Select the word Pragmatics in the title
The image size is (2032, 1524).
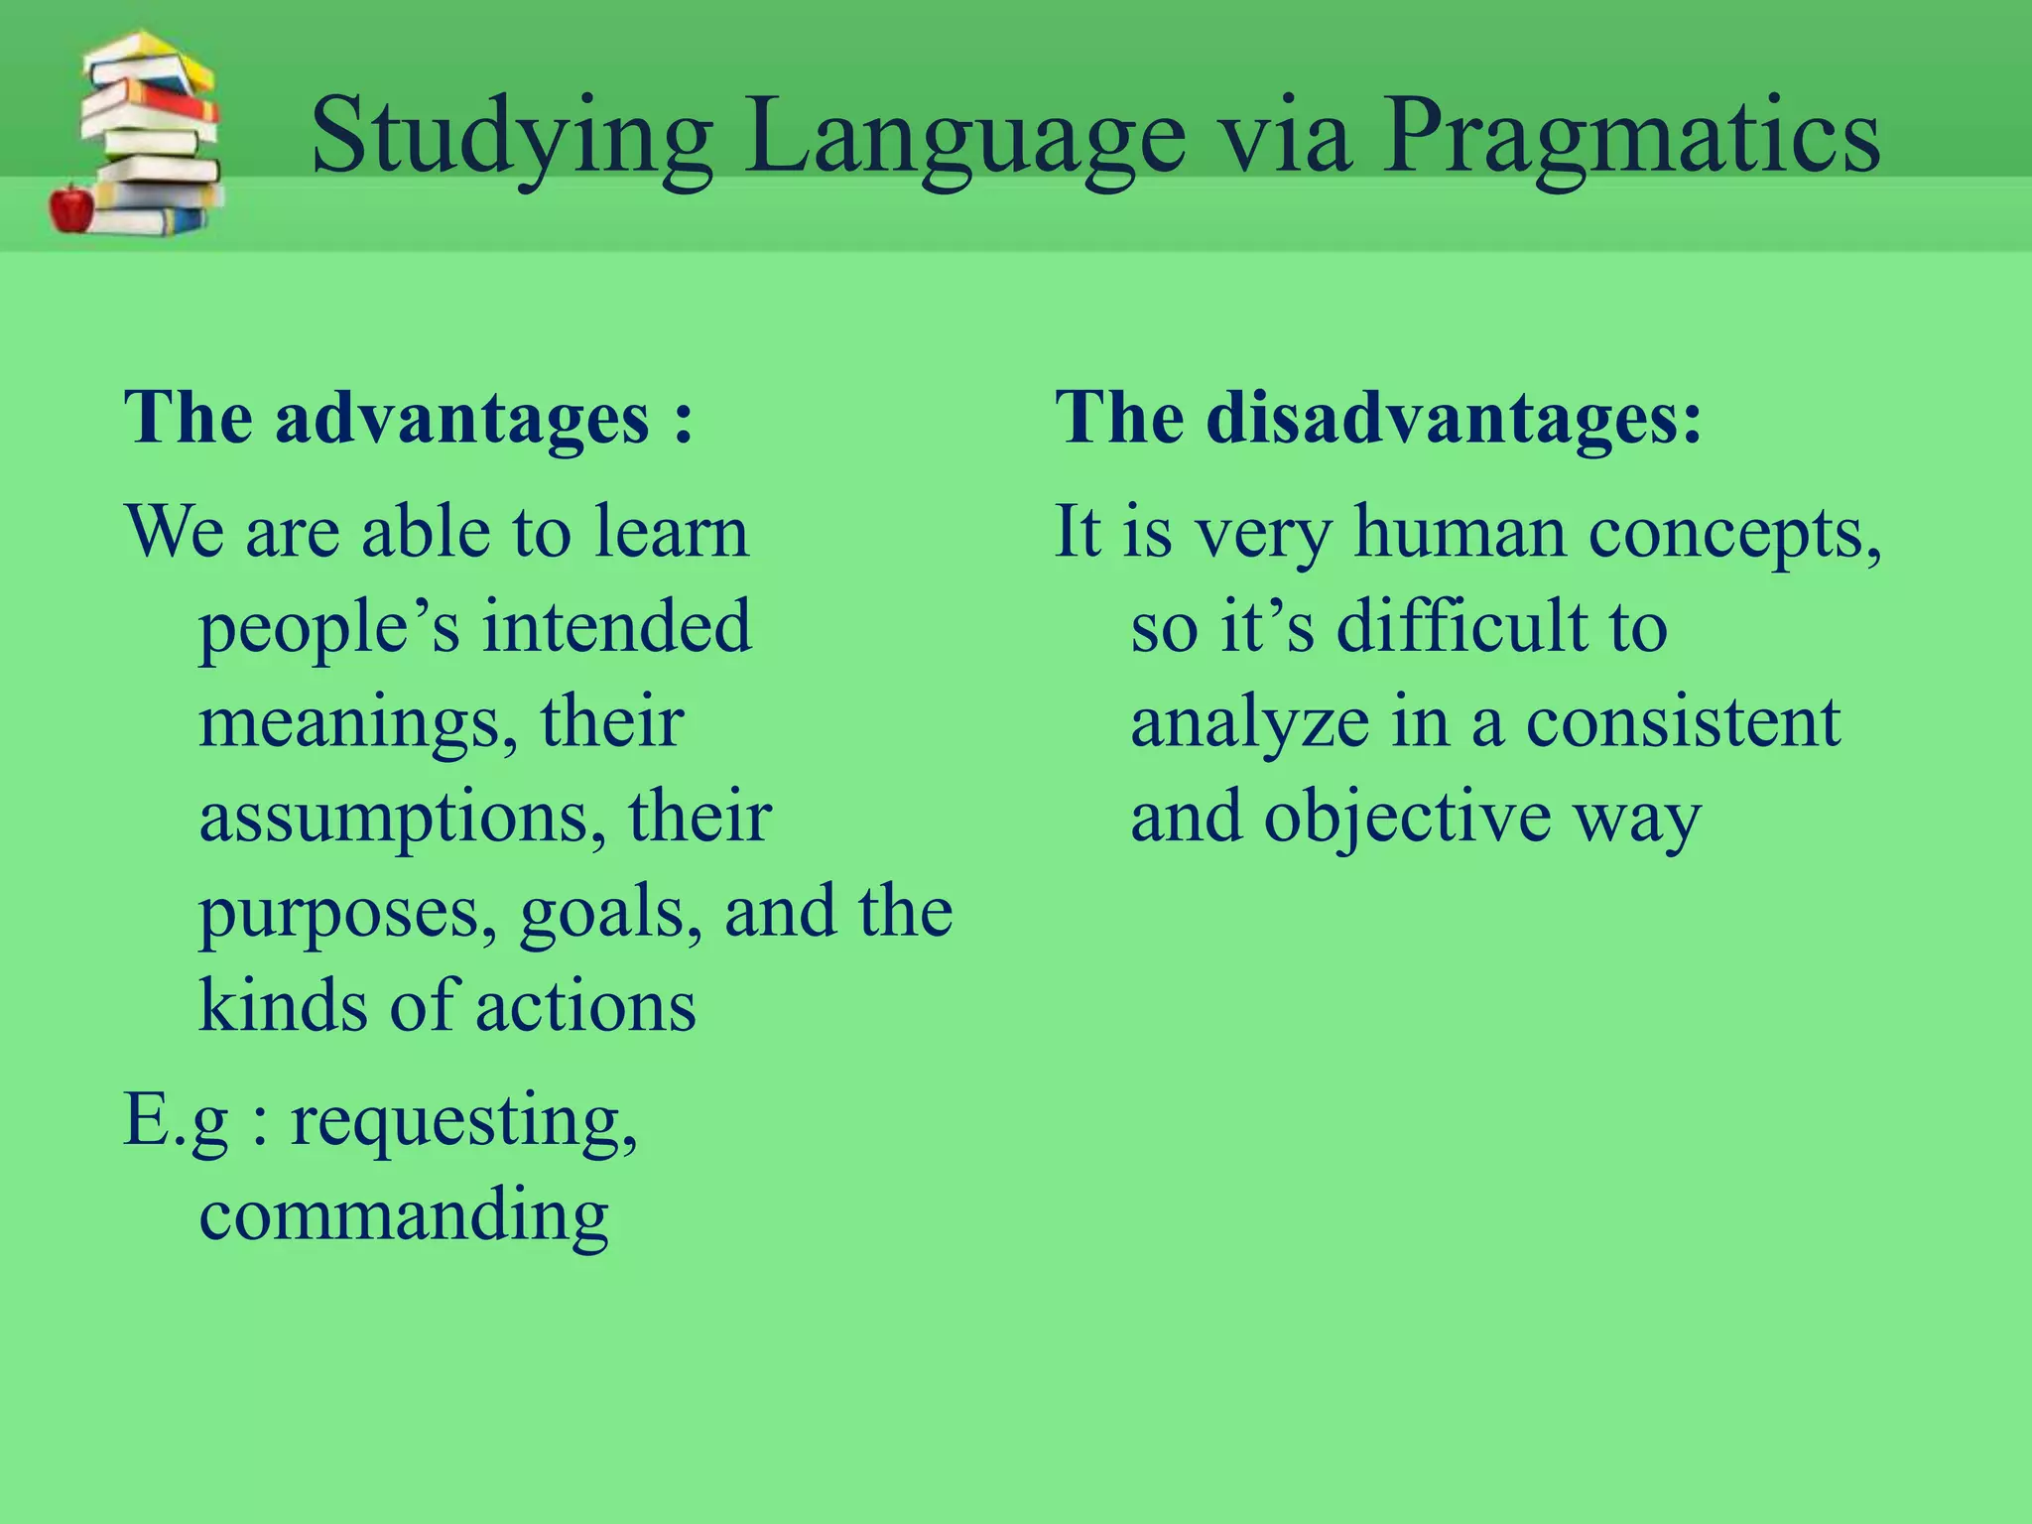[1630, 139]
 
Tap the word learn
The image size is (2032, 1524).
[672, 531]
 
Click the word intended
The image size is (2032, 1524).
[617, 626]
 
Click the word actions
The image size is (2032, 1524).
[585, 1006]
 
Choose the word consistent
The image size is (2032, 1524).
[1683, 721]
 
